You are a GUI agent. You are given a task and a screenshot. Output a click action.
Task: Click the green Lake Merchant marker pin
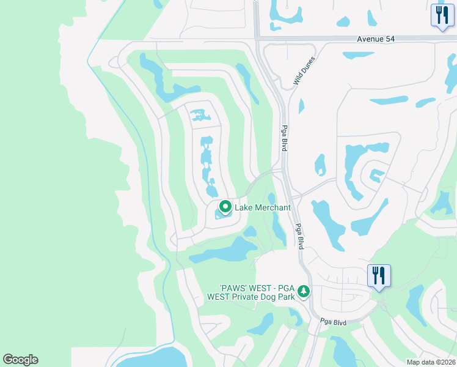[225, 207]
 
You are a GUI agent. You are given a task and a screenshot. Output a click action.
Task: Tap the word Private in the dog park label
[245, 297]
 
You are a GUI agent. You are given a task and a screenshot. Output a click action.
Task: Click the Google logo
[20, 360]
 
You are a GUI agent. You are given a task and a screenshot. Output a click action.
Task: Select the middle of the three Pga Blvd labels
[300, 235]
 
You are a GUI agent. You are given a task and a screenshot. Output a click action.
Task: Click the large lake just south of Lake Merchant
[224, 251]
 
